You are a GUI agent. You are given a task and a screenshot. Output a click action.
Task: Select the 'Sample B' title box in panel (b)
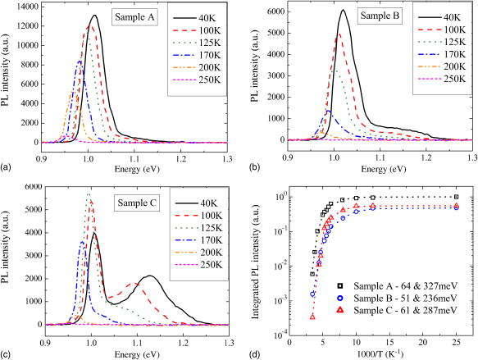point(383,16)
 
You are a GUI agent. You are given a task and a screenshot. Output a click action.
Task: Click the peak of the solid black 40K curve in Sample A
point(95,16)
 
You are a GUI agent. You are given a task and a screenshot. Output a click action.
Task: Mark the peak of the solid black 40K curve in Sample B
point(343,11)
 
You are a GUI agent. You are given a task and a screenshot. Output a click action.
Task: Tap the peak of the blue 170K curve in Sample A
point(79,61)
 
